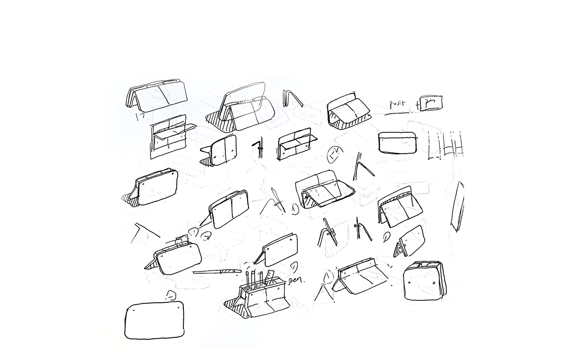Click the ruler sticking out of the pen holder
(x=270, y=277)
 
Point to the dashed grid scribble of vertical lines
(x=446, y=145)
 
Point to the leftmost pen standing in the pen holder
(x=247, y=279)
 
